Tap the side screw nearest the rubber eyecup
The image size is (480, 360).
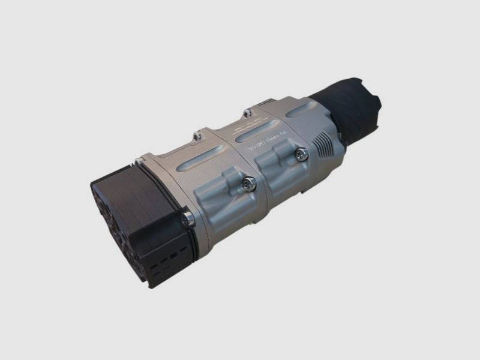pyautogui.click(x=302, y=154)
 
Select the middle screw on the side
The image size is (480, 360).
pyautogui.click(x=250, y=184)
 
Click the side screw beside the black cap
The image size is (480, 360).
pyautogui.click(x=188, y=220)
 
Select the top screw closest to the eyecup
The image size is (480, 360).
pyautogui.click(x=247, y=112)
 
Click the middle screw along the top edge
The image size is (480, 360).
pyautogui.click(x=197, y=137)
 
